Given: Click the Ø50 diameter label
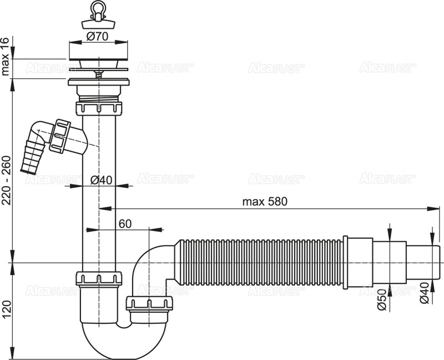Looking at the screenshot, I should [382, 299].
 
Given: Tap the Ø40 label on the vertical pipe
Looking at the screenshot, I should [102, 179].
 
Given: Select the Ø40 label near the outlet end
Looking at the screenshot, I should [425, 292].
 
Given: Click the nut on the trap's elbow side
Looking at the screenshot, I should [149, 303].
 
